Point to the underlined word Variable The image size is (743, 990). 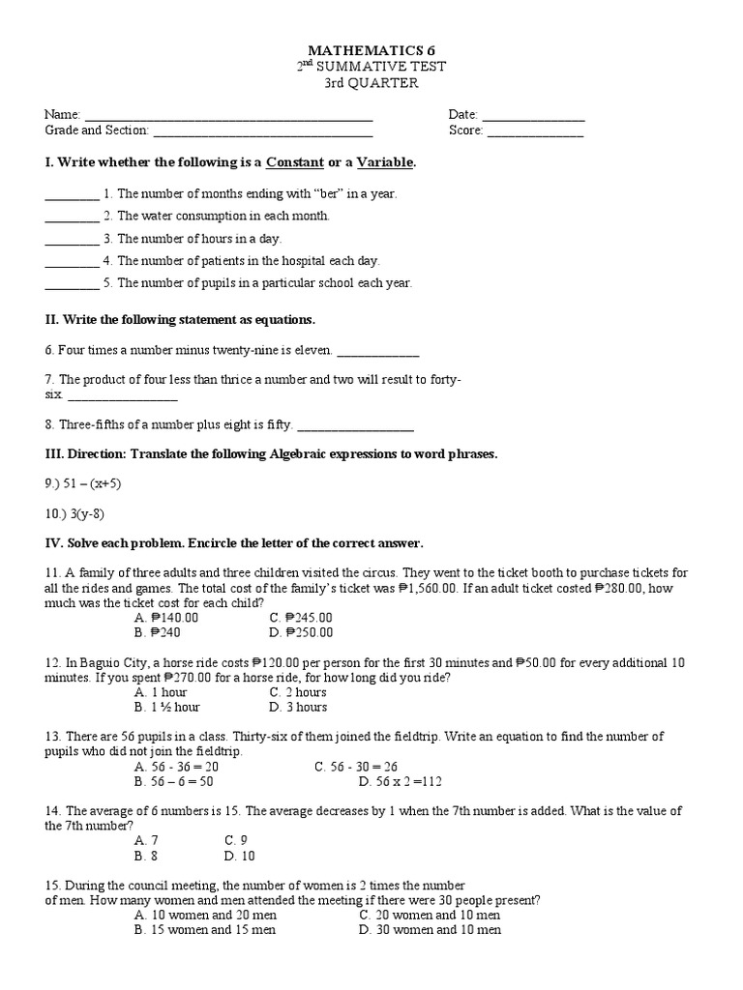[385, 161]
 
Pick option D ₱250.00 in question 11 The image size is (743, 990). [302, 632]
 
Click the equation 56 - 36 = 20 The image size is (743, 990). [179, 767]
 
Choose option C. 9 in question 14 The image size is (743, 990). [236, 840]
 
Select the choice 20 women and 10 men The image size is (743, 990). [429, 915]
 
